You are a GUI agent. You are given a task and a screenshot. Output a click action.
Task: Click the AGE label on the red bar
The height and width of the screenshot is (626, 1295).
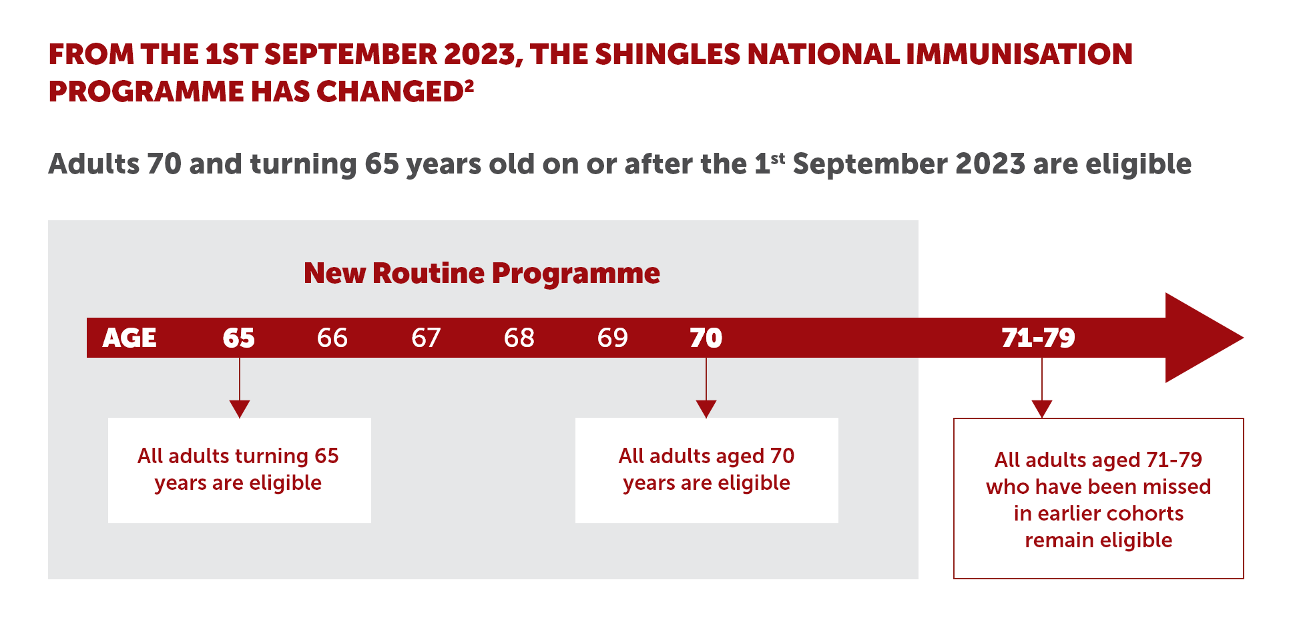tap(129, 338)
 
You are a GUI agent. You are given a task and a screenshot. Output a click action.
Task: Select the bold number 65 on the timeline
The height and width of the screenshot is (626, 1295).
tap(239, 338)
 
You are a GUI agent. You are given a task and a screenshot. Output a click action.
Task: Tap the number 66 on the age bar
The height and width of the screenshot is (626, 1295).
tap(332, 338)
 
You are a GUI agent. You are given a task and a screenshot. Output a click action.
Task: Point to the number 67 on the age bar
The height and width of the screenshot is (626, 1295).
tap(426, 338)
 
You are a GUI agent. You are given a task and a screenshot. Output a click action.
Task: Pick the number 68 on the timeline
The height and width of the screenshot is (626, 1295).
tap(519, 338)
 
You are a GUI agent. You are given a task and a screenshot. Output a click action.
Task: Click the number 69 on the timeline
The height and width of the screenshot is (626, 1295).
tap(613, 338)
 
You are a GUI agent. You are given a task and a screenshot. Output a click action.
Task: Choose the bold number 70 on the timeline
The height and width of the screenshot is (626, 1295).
tap(706, 338)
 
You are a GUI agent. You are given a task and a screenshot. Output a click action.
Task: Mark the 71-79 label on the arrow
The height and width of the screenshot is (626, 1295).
tap(1039, 338)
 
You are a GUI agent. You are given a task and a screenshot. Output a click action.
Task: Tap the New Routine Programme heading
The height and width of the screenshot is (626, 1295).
tap(482, 273)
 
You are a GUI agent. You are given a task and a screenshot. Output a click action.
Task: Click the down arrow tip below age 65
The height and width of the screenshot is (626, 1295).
tap(239, 418)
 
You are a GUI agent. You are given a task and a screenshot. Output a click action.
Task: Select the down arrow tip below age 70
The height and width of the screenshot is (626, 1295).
tap(706, 418)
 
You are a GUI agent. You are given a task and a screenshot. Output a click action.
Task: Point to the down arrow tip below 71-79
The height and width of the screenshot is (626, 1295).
tap(1042, 418)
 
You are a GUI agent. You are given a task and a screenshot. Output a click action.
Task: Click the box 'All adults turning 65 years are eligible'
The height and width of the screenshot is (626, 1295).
tap(239, 470)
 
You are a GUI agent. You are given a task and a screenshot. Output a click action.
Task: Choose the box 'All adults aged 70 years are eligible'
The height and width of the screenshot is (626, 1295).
tap(706, 470)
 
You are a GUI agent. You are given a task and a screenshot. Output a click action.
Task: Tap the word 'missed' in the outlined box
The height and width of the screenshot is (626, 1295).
tap(1177, 487)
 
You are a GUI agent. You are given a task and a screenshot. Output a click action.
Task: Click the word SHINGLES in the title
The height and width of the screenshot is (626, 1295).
tap(667, 54)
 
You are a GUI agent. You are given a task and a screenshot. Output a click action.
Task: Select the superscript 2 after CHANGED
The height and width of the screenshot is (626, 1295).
tap(469, 86)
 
